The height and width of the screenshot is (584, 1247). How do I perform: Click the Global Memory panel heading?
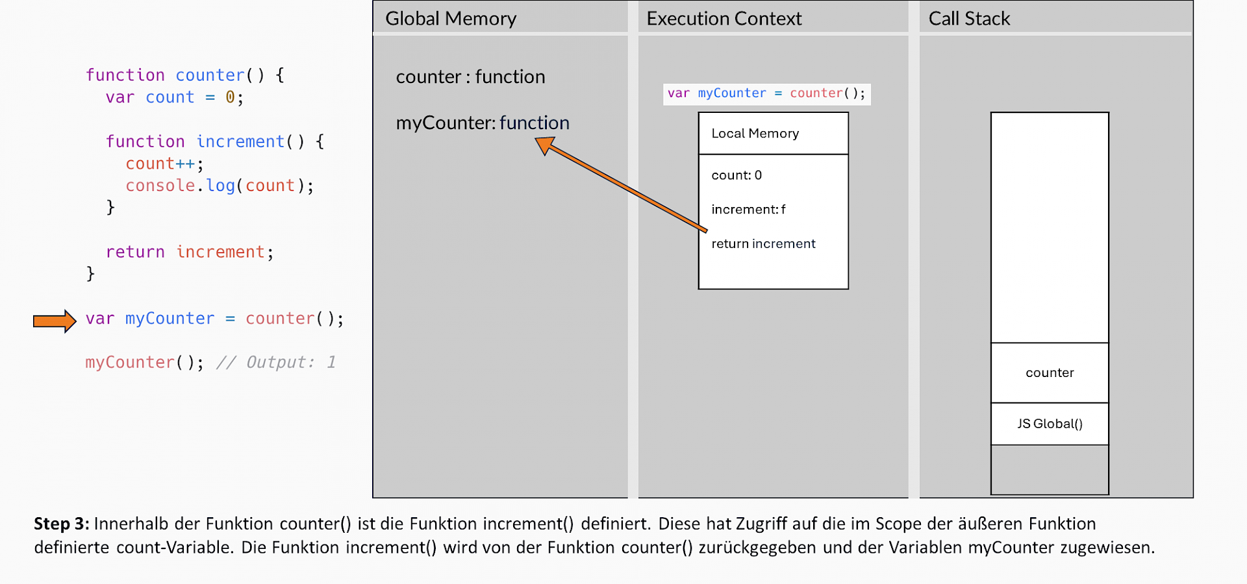[x=451, y=19]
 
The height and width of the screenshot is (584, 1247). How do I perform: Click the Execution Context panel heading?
[x=724, y=19]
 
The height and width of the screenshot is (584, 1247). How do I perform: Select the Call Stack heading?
[x=968, y=19]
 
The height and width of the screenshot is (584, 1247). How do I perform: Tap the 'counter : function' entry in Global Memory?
[x=470, y=77]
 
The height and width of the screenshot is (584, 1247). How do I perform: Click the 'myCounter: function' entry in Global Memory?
[x=482, y=123]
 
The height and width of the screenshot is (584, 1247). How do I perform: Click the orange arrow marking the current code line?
[x=55, y=321]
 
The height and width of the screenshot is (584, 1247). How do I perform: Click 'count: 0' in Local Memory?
[x=736, y=175]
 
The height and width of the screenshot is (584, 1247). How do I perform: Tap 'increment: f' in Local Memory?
[x=748, y=210]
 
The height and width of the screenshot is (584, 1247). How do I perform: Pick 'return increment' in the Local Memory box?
[x=762, y=244]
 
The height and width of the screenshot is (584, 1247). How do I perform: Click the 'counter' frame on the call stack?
[x=1049, y=373]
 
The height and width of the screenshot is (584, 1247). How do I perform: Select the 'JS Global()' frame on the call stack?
[x=1049, y=424]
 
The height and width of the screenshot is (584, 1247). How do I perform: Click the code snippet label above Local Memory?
[x=766, y=93]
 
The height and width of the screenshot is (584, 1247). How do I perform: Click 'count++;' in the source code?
[x=164, y=164]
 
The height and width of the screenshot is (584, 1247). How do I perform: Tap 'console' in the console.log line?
[x=160, y=186]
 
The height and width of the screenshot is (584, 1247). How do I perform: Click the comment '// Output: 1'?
[x=276, y=363]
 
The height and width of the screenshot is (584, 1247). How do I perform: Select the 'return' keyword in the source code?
[x=135, y=252]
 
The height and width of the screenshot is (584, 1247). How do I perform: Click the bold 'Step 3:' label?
[x=61, y=524]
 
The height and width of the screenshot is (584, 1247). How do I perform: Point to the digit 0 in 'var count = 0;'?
[x=230, y=98]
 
